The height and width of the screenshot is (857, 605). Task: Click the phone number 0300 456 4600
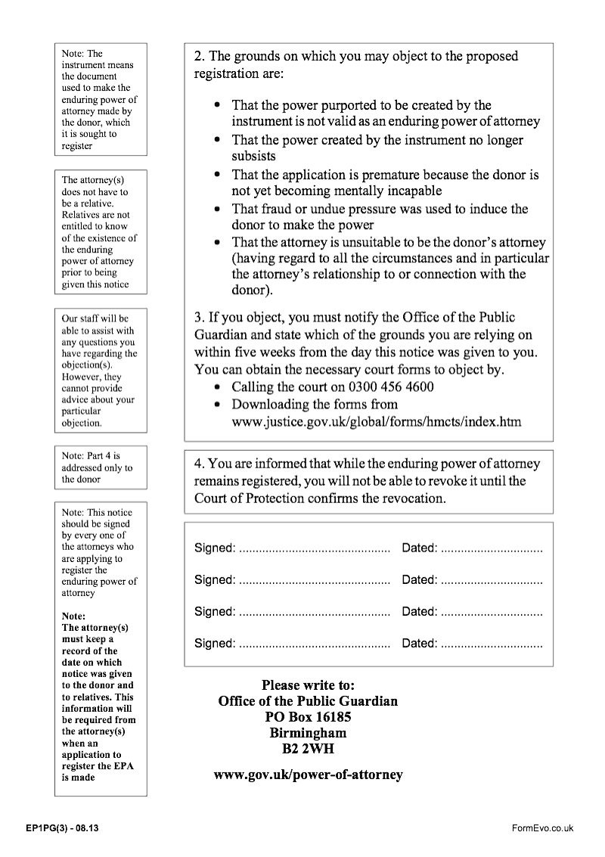coord(386,387)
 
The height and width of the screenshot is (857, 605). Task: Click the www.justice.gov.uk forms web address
coord(376,421)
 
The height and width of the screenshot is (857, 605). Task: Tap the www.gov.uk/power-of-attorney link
coord(309,775)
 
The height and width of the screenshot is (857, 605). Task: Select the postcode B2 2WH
coord(308,750)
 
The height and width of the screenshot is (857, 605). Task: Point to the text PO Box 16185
coord(308,717)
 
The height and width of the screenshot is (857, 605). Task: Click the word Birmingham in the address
coord(308,733)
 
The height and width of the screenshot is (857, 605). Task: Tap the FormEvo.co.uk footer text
coord(543,828)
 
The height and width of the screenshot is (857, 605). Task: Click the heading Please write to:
coord(308,685)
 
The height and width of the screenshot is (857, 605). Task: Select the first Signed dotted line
coord(314,548)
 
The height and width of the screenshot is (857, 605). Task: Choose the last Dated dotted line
coord(492,644)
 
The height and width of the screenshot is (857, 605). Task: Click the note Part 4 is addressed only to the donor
coord(97,467)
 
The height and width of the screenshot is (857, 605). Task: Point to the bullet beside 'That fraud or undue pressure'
coord(218,209)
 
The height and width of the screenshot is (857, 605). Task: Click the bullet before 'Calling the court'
coord(218,387)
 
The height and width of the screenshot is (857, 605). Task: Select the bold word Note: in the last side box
coord(74,616)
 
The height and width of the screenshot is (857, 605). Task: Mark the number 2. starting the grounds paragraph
coord(200,57)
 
